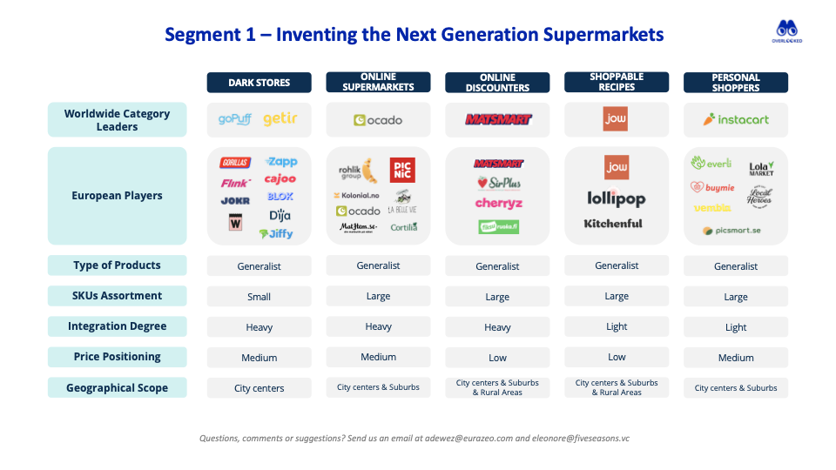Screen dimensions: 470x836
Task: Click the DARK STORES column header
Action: click(x=259, y=83)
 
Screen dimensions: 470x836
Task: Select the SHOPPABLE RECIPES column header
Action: click(x=617, y=83)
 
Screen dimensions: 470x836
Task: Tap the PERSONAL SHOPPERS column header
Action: click(x=736, y=83)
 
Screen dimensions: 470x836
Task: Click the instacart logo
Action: click(x=736, y=120)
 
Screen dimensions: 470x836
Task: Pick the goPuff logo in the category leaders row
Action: click(x=234, y=120)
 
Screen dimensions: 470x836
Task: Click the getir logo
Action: click(x=280, y=119)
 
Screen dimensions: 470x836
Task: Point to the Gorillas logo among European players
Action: click(x=235, y=163)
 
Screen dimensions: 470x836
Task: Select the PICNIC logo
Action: click(x=401, y=170)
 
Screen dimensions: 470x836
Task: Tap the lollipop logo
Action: click(x=617, y=198)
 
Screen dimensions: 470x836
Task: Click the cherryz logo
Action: click(x=498, y=204)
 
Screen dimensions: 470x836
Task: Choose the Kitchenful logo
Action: click(x=613, y=224)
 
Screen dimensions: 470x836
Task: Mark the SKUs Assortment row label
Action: click(x=118, y=296)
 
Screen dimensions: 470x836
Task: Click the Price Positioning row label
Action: click(x=118, y=357)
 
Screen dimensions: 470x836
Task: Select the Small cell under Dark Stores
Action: click(x=259, y=297)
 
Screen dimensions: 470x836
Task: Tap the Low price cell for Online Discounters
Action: click(x=497, y=358)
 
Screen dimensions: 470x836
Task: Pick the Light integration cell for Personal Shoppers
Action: click(x=736, y=327)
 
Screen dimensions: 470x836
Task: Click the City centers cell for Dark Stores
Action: click(x=259, y=388)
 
